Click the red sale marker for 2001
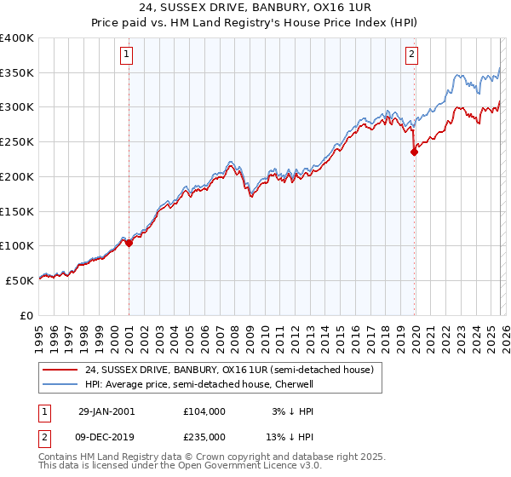[x=129, y=243]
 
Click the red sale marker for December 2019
[x=414, y=152]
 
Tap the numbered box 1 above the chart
[x=127, y=55]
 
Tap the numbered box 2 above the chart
[x=411, y=55]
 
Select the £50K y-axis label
[x=20, y=279]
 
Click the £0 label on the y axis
[x=26, y=314]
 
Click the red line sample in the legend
[x=61, y=370]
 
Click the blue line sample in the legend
[x=61, y=384]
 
